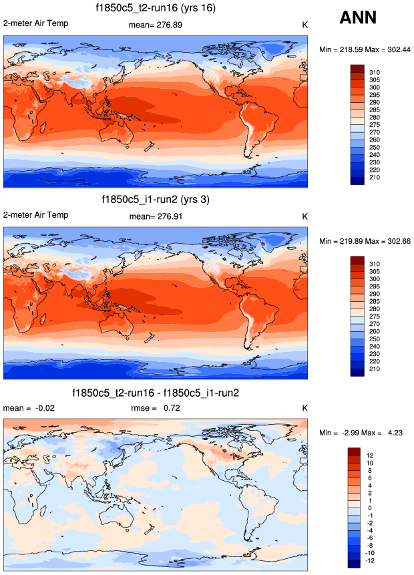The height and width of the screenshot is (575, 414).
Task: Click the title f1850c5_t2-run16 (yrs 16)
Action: click(155, 8)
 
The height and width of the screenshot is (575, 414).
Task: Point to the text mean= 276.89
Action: click(155, 25)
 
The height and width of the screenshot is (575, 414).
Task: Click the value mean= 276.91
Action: click(155, 216)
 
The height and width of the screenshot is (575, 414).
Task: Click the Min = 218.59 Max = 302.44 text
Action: click(364, 49)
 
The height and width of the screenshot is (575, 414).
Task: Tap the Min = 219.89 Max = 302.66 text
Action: click(364, 240)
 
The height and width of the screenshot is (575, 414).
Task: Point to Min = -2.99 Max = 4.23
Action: click(364, 434)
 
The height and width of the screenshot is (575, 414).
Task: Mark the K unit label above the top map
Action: click(304, 25)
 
